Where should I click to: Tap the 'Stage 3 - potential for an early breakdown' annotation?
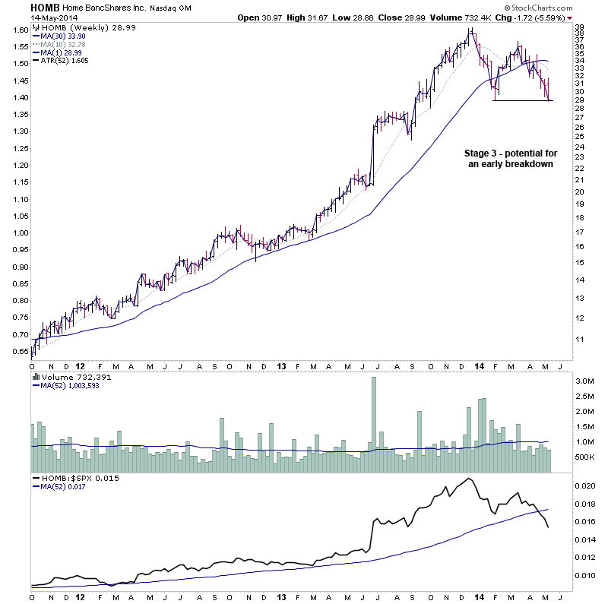(x=508, y=158)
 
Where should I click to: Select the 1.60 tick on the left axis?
(x=18, y=30)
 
